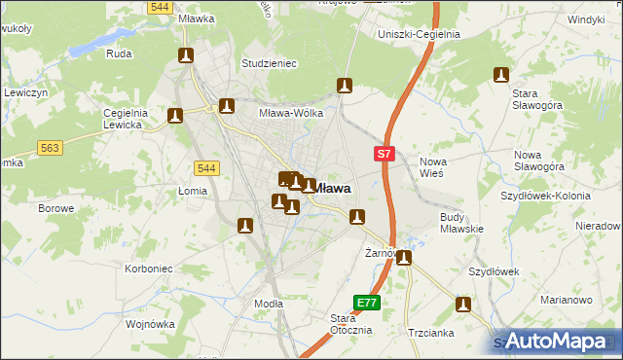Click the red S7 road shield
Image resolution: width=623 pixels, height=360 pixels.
click(x=385, y=154)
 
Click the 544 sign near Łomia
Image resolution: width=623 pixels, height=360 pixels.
click(x=205, y=167)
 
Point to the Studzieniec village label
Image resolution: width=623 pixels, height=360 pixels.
click(x=269, y=63)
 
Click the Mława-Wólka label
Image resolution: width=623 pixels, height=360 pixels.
click(x=290, y=113)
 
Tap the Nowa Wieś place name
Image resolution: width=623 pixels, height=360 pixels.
click(x=431, y=166)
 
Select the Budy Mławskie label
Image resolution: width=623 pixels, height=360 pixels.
click(x=462, y=222)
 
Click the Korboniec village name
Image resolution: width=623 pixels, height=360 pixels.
click(x=149, y=268)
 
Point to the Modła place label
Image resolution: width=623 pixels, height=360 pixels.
click(x=268, y=304)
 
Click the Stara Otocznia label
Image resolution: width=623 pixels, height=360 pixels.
click(x=350, y=324)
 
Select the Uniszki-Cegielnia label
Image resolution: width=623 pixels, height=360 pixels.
click(x=418, y=35)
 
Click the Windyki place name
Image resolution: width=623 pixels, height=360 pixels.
click(x=587, y=19)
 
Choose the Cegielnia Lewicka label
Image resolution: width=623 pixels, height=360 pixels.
click(x=125, y=118)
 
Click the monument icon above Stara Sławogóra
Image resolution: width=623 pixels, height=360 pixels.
click(x=501, y=75)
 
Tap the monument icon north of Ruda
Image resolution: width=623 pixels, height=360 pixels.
click(x=186, y=56)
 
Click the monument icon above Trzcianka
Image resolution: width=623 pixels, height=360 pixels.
click(x=463, y=306)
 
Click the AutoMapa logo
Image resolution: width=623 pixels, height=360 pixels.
click(x=554, y=341)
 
